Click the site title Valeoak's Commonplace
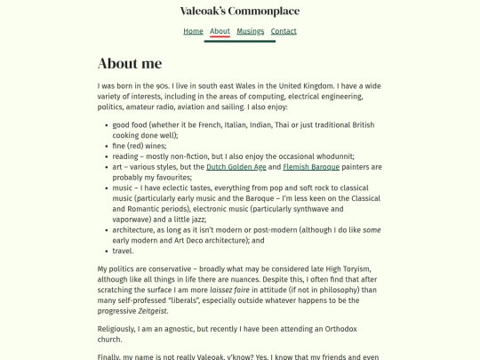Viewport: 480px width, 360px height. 240,12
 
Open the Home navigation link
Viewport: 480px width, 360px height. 193,31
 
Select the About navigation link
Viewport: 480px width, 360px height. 220,31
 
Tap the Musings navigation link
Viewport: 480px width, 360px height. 251,31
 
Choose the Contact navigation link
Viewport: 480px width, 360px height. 284,31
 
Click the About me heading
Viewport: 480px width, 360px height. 130,63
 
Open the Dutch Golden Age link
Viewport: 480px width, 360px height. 236,167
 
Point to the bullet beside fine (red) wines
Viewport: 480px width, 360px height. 106,146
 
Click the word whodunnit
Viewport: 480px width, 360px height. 332,156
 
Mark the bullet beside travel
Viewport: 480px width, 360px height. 106,252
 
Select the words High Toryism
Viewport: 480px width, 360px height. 347,268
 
